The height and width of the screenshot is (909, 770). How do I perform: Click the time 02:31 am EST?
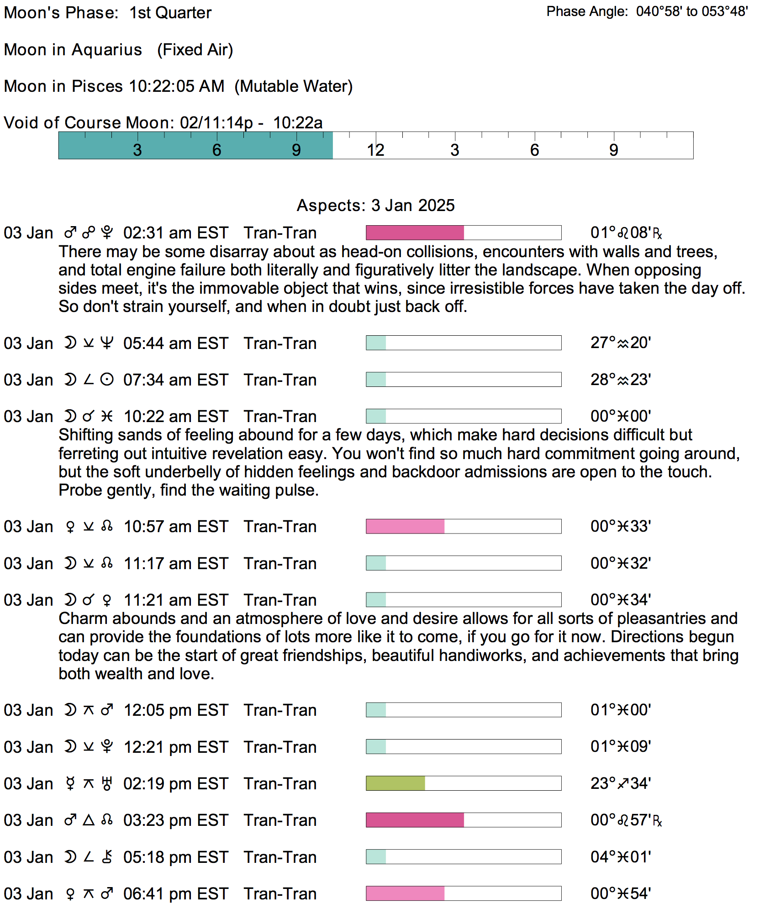175,233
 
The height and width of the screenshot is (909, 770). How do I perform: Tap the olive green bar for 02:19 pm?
395,783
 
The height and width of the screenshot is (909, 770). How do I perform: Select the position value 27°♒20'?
620,343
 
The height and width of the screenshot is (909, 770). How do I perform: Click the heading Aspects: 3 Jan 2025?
375,206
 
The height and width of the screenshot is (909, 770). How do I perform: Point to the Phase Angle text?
647,11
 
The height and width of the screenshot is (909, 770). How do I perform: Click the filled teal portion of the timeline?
195,145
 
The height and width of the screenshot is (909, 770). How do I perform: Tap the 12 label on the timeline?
375,150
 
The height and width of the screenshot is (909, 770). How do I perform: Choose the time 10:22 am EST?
175,417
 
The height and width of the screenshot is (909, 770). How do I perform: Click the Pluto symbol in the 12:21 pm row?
107,747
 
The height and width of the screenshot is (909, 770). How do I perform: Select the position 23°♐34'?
620,783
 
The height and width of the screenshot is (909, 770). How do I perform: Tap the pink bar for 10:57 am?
405,526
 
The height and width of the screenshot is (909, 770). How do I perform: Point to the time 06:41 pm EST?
175,894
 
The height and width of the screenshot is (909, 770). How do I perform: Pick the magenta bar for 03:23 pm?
415,820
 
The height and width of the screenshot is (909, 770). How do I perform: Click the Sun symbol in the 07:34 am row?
107,380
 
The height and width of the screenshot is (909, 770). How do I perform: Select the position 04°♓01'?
620,857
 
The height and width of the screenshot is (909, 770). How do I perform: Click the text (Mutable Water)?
293,86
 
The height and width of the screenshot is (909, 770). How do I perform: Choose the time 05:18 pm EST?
175,857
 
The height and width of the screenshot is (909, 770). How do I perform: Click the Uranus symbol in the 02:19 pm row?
107,784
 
